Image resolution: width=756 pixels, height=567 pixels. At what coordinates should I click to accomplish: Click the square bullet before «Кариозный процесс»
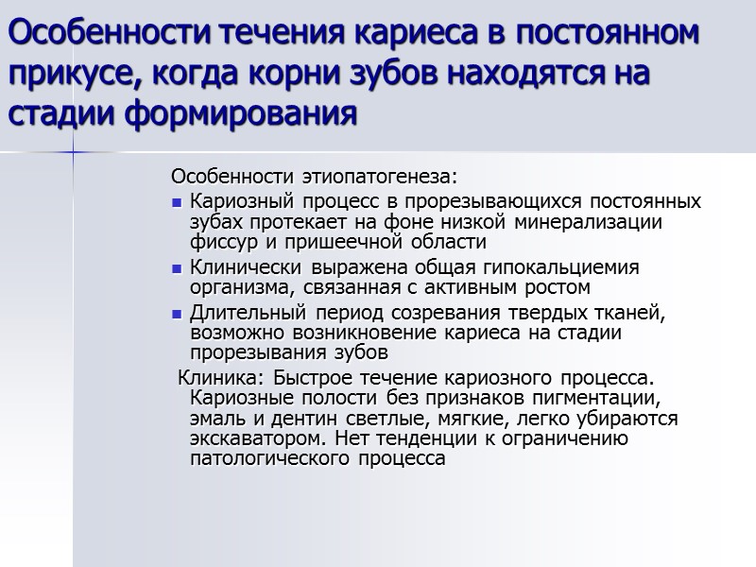[177, 202]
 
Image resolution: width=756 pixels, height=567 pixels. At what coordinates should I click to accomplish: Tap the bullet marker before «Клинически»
[177, 268]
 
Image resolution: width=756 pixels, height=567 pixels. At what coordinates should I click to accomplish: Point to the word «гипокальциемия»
[573, 267]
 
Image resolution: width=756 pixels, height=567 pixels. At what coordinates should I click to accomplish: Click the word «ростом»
[558, 287]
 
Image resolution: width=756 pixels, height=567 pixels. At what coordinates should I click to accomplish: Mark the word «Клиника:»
[215, 379]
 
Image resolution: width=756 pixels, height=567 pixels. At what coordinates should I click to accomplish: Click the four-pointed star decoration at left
[74, 151]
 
